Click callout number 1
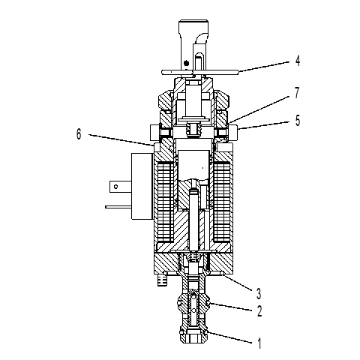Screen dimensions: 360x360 [x=259, y=343]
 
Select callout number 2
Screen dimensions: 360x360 [x=259, y=311]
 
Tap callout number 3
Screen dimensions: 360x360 [x=259, y=293]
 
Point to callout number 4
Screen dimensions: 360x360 [x=298, y=61]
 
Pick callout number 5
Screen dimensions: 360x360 [x=298, y=120]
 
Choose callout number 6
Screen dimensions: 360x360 [x=79, y=133]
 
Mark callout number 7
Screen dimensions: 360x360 [x=297, y=93]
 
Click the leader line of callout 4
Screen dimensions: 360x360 [x=264, y=67]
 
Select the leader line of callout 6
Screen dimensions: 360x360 [x=121, y=140]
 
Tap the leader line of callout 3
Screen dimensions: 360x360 [x=238, y=283]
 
